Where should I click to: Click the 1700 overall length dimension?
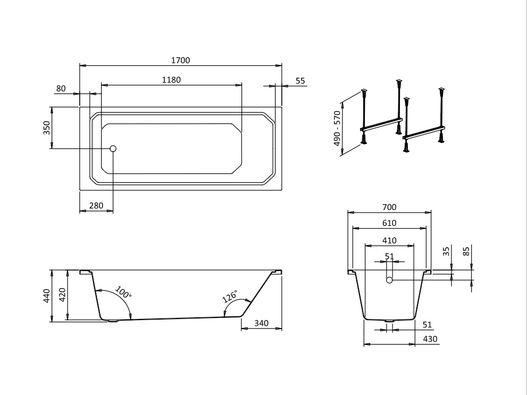click(180, 61)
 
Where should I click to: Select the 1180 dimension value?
click(171, 80)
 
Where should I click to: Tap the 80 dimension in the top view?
click(61, 89)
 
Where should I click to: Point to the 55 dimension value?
click(300, 81)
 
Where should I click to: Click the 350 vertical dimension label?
click(46, 128)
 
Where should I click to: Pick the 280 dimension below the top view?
click(96, 206)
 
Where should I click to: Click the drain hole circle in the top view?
click(113, 148)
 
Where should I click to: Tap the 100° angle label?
click(123, 292)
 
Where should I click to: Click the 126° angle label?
click(230, 296)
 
